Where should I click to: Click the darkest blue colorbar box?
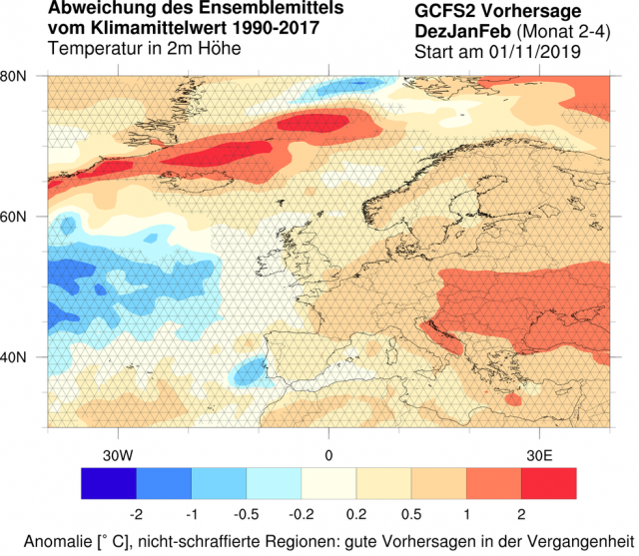tap(108, 484)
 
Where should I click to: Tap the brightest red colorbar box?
tap(548, 484)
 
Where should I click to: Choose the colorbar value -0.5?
tap(246, 514)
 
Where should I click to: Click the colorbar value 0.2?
tap(355, 514)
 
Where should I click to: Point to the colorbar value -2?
tap(135, 514)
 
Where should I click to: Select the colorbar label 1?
tap(465, 514)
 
